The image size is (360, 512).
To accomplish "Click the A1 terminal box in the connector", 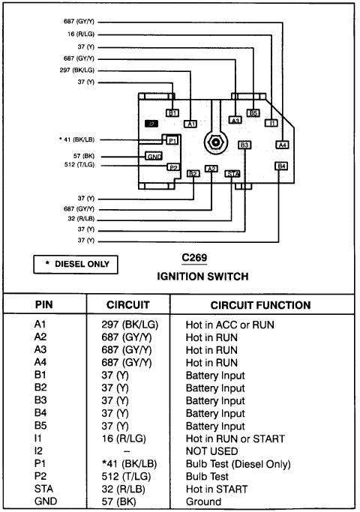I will (x=190, y=123).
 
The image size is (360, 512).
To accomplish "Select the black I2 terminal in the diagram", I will (x=151, y=123).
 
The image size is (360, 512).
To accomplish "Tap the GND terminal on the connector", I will (x=154, y=156).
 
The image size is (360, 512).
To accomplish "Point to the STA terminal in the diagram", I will (x=232, y=173).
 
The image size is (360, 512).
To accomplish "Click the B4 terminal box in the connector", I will (x=282, y=166).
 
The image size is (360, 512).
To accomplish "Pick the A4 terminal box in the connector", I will (x=282, y=145).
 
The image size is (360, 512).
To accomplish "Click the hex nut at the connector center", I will (x=215, y=142).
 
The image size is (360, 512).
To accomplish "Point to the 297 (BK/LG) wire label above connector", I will (x=76, y=70).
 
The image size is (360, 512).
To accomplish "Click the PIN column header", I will (x=43, y=305).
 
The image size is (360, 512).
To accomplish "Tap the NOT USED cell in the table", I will (x=213, y=451).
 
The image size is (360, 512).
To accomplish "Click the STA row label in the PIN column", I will (x=43, y=490).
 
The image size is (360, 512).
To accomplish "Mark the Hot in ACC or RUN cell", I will (x=230, y=325).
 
